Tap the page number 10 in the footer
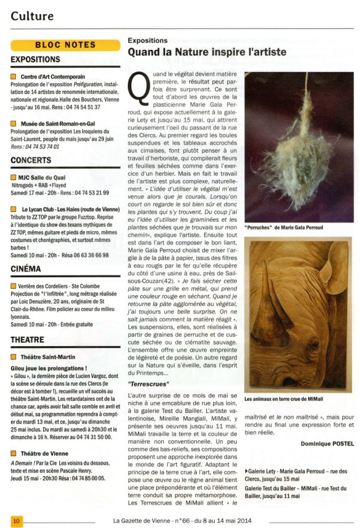coord(17,521)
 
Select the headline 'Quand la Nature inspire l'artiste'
coord(207,52)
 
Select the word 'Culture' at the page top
coord(33,16)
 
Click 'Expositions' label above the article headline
coord(147,41)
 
